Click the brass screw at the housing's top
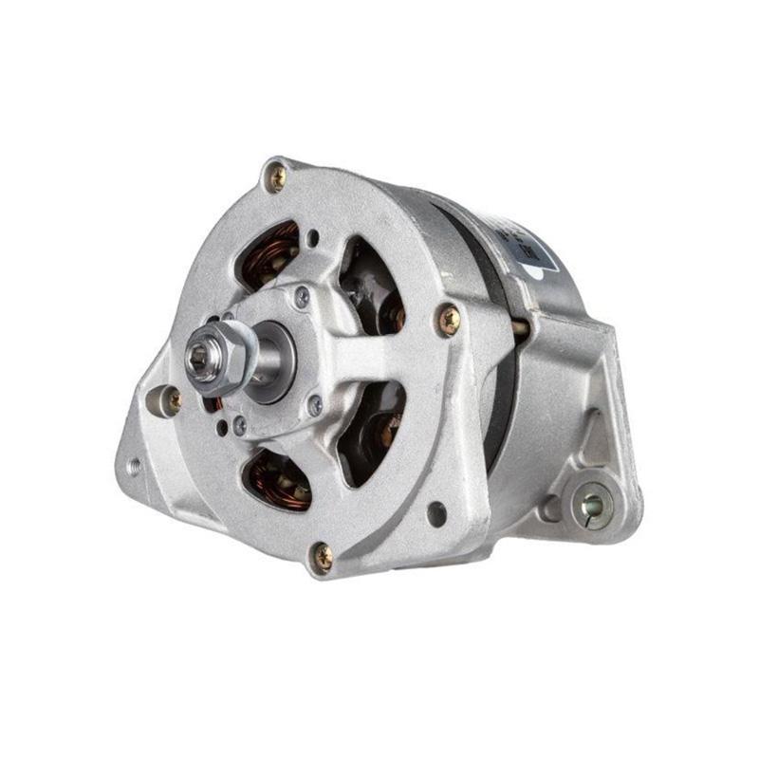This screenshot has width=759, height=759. pos(276,176)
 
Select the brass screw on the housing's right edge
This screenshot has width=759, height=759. pos(448,319)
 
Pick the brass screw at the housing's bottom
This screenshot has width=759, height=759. pos(323,556)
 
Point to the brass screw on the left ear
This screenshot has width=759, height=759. pos(172,399)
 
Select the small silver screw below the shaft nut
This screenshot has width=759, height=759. pos(240,427)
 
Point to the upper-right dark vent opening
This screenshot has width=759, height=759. pos(372,285)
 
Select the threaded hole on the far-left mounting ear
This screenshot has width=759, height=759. pos(135,466)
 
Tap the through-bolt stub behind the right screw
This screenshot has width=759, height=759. pos(520,327)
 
